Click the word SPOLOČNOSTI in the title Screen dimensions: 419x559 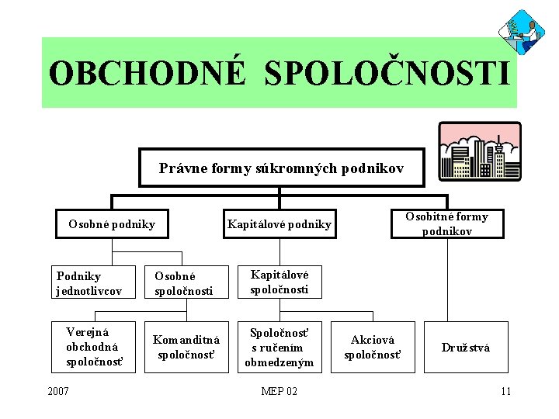click(x=388, y=74)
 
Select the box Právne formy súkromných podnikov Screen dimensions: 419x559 click(x=281, y=168)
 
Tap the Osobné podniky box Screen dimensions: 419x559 click(x=111, y=225)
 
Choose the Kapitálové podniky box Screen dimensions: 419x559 click(x=279, y=225)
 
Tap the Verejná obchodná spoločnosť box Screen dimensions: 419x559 click(x=92, y=347)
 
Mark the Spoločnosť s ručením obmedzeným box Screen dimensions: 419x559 click(x=279, y=347)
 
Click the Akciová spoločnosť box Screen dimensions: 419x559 click(x=373, y=347)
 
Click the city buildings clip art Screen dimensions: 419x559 click(x=480, y=151)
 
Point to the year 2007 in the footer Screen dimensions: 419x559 click(x=58, y=391)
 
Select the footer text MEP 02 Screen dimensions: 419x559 click(x=279, y=391)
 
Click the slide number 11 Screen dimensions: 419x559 click(x=506, y=391)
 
